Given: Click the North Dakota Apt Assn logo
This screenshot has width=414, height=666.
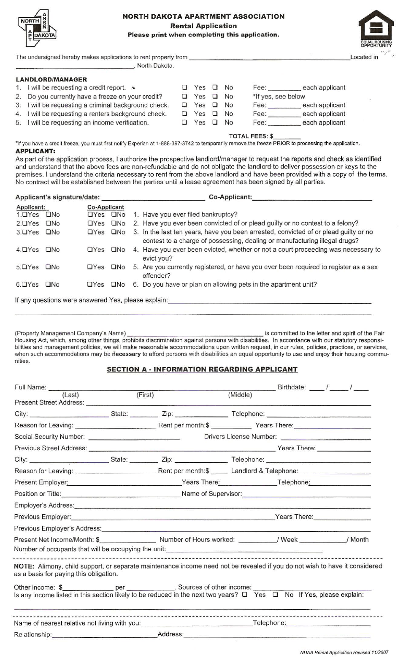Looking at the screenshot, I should point(37,27).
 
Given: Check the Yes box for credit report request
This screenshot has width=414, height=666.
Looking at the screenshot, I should point(184,87).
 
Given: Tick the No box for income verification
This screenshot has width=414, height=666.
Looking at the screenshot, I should point(215,122).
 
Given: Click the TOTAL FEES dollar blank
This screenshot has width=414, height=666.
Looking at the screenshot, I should point(287,137).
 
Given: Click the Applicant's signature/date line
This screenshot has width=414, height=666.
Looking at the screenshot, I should point(153,197).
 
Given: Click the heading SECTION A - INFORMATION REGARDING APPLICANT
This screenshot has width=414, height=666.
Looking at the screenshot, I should point(202,369).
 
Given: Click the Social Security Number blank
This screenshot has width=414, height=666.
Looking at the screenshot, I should point(134,437).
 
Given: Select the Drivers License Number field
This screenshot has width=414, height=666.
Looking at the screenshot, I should point(325,437).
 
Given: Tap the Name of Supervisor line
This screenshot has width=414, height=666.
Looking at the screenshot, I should point(306,494).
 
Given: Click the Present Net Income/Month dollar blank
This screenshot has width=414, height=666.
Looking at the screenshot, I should point(127,540).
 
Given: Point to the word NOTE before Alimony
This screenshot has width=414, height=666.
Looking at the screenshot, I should point(24,566).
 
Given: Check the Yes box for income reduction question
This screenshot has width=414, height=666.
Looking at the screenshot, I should point(245,595).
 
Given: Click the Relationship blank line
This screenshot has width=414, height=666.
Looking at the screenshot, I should point(104,635).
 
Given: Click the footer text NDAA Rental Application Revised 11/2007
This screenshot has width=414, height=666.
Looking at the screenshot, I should point(344,652).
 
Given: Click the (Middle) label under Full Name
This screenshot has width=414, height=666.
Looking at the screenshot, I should point(240,395).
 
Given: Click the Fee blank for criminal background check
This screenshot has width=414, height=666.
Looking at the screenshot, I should point(284,106).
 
